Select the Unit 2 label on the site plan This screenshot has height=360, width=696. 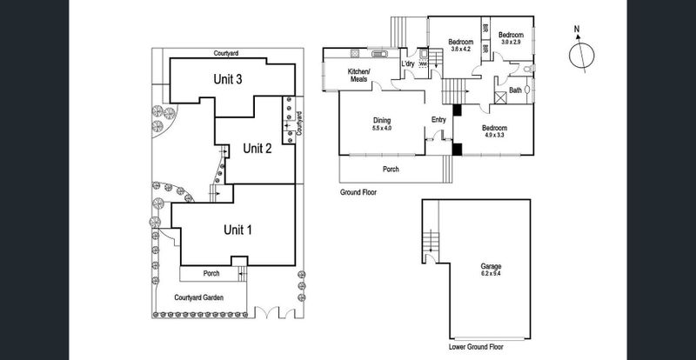[258, 147]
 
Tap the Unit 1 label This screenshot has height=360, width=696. [238, 230]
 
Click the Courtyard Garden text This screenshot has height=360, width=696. [198, 297]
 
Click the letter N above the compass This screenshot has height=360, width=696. [576, 27]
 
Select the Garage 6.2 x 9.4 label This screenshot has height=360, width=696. [492, 270]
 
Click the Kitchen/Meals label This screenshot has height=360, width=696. [358, 75]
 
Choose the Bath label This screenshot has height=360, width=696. [515, 90]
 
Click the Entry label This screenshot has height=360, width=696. [438, 120]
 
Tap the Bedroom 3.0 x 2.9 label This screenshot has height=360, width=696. [509, 38]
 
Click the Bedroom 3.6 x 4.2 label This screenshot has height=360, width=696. [460, 45]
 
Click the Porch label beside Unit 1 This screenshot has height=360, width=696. [211, 273]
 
